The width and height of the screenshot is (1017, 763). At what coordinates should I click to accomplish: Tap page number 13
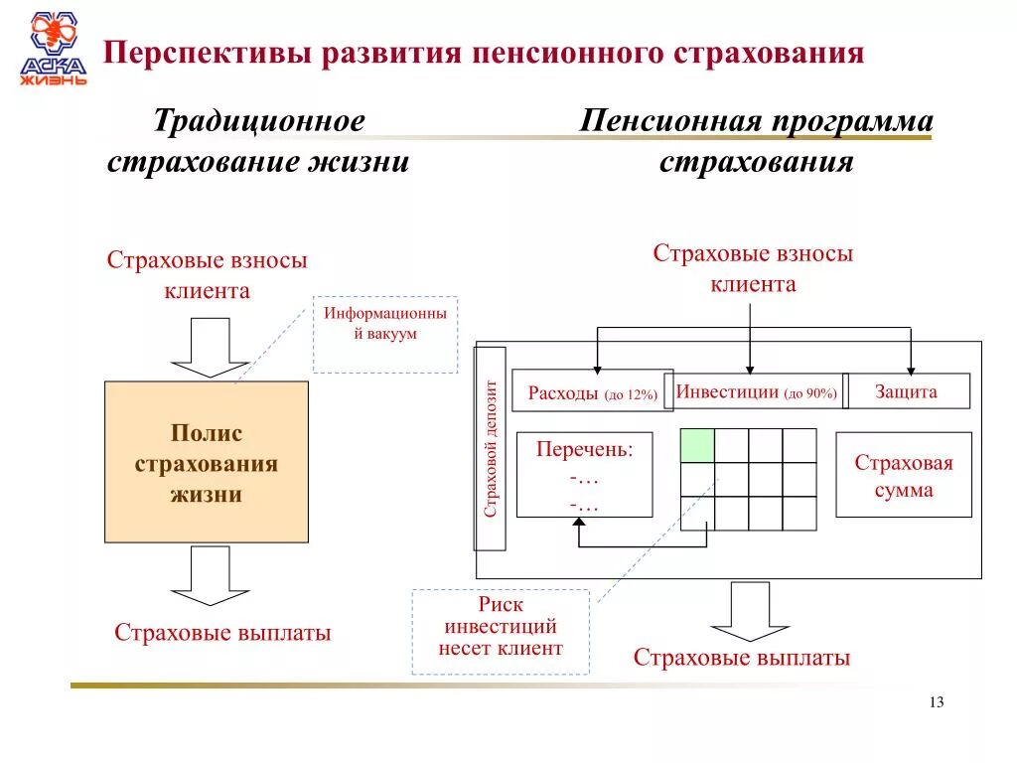click(936, 702)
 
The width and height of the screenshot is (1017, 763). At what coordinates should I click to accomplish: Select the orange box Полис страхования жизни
click(207, 462)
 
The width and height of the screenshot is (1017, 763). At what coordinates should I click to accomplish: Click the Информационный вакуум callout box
click(385, 334)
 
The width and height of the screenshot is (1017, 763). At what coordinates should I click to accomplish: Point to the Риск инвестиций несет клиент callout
click(501, 631)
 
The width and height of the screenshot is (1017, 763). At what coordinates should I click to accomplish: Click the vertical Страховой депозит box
click(491, 448)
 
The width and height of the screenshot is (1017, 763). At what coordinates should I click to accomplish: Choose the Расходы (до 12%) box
click(592, 392)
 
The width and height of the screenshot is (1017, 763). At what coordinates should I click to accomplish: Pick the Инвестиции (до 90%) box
click(757, 392)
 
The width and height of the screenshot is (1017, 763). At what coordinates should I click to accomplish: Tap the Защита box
click(907, 391)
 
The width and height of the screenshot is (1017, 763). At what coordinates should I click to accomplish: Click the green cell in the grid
click(697, 446)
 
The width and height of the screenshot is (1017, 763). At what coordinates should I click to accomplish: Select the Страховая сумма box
click(904, 475)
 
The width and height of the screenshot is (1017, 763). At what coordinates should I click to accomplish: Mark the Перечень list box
click(584, 475)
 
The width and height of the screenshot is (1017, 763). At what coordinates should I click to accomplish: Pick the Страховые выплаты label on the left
click(222, 633)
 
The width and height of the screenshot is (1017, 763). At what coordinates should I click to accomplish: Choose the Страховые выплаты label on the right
click(742, 658)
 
